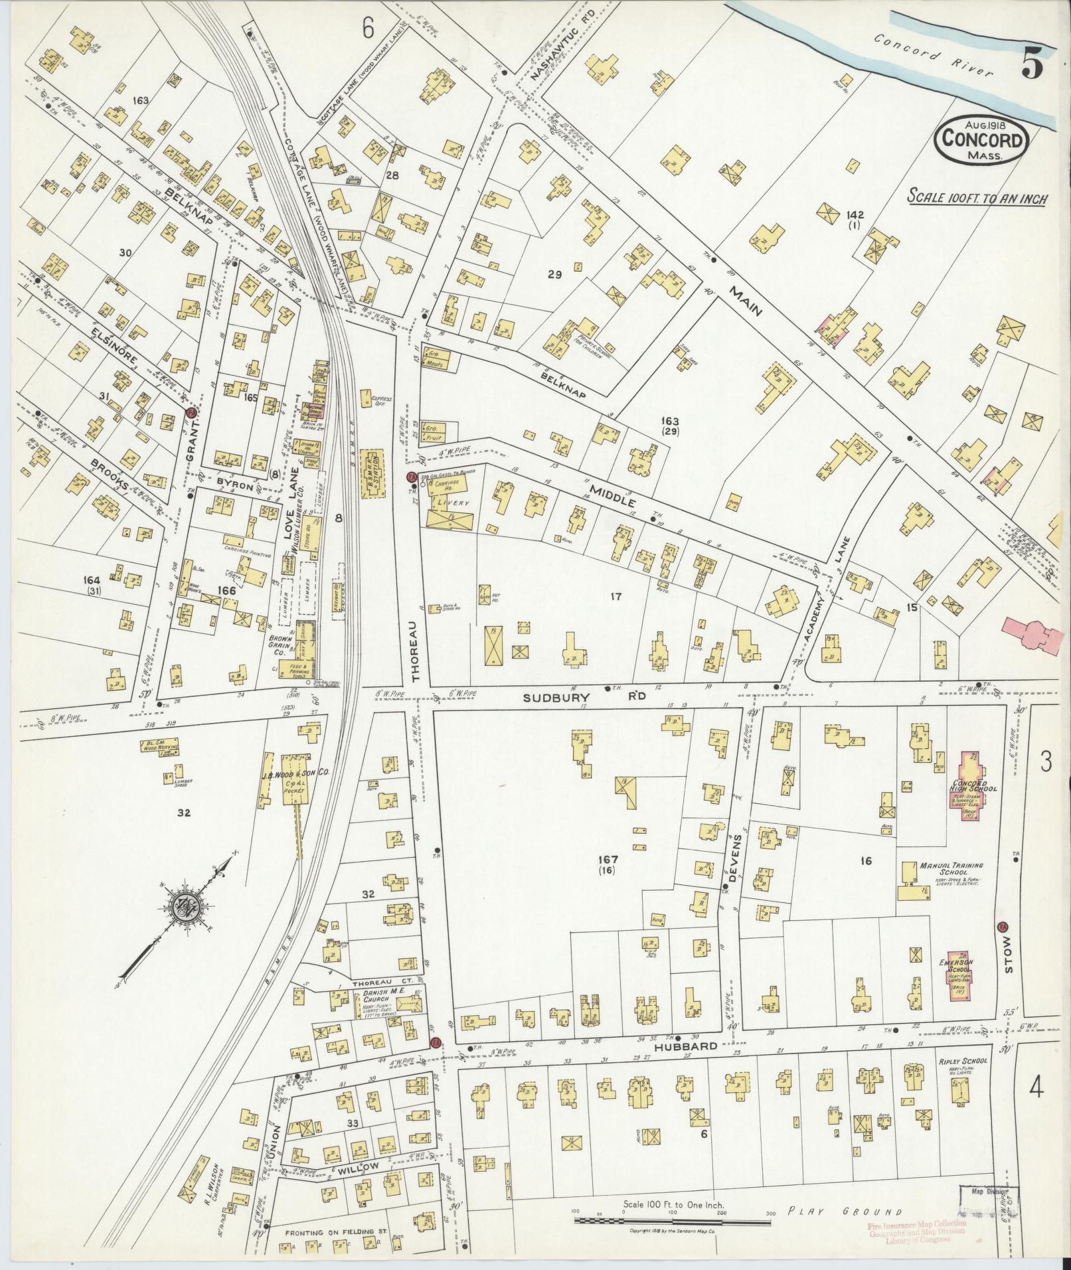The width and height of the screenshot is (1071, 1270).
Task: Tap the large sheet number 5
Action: point(1032,64)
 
